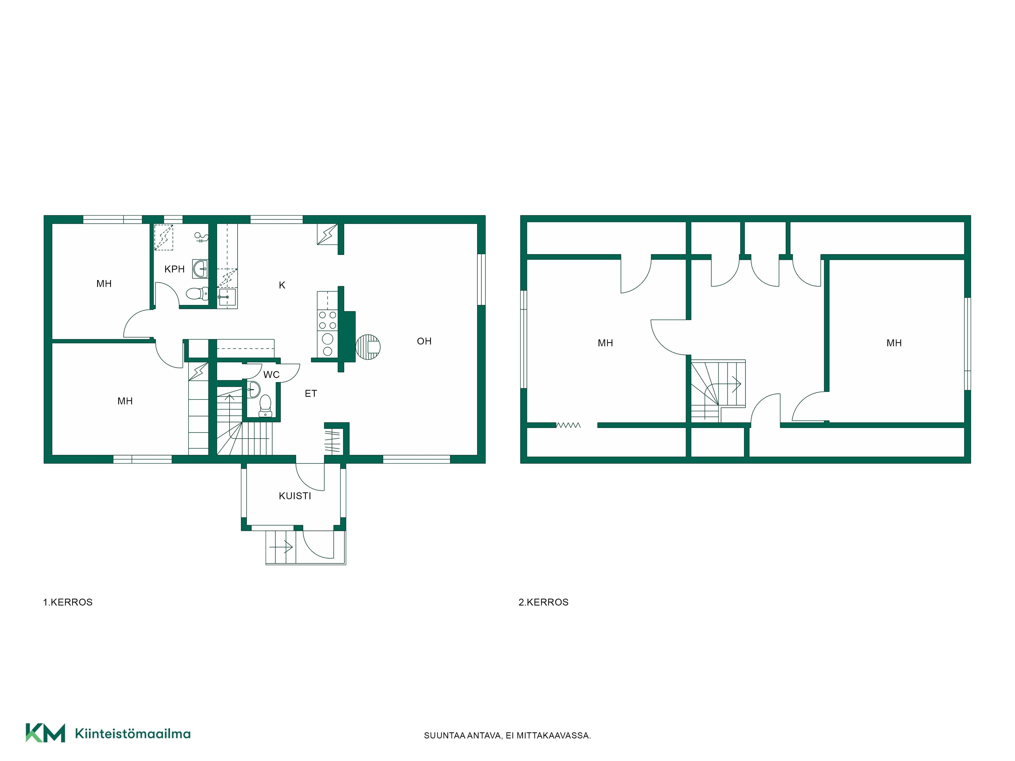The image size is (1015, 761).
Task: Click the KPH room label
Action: [x=174, y=269]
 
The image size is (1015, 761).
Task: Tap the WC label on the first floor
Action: [x=271, y=375]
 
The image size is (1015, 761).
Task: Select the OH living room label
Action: [x=424, y=341]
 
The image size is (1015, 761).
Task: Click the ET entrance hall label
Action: [x=311, y=394]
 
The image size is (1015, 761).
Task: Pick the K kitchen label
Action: [x=282, y=285]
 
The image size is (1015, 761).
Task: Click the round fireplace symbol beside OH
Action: [x=368, y=347]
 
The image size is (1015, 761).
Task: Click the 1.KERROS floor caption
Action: [x=68, y=602]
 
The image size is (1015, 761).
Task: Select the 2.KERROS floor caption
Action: [x=543, y=602]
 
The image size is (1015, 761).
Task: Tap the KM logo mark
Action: [x=45, y=733]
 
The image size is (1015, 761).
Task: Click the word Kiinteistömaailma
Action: [x=133, y=734]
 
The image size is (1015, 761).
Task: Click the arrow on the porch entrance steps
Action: [x=281, y=547]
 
